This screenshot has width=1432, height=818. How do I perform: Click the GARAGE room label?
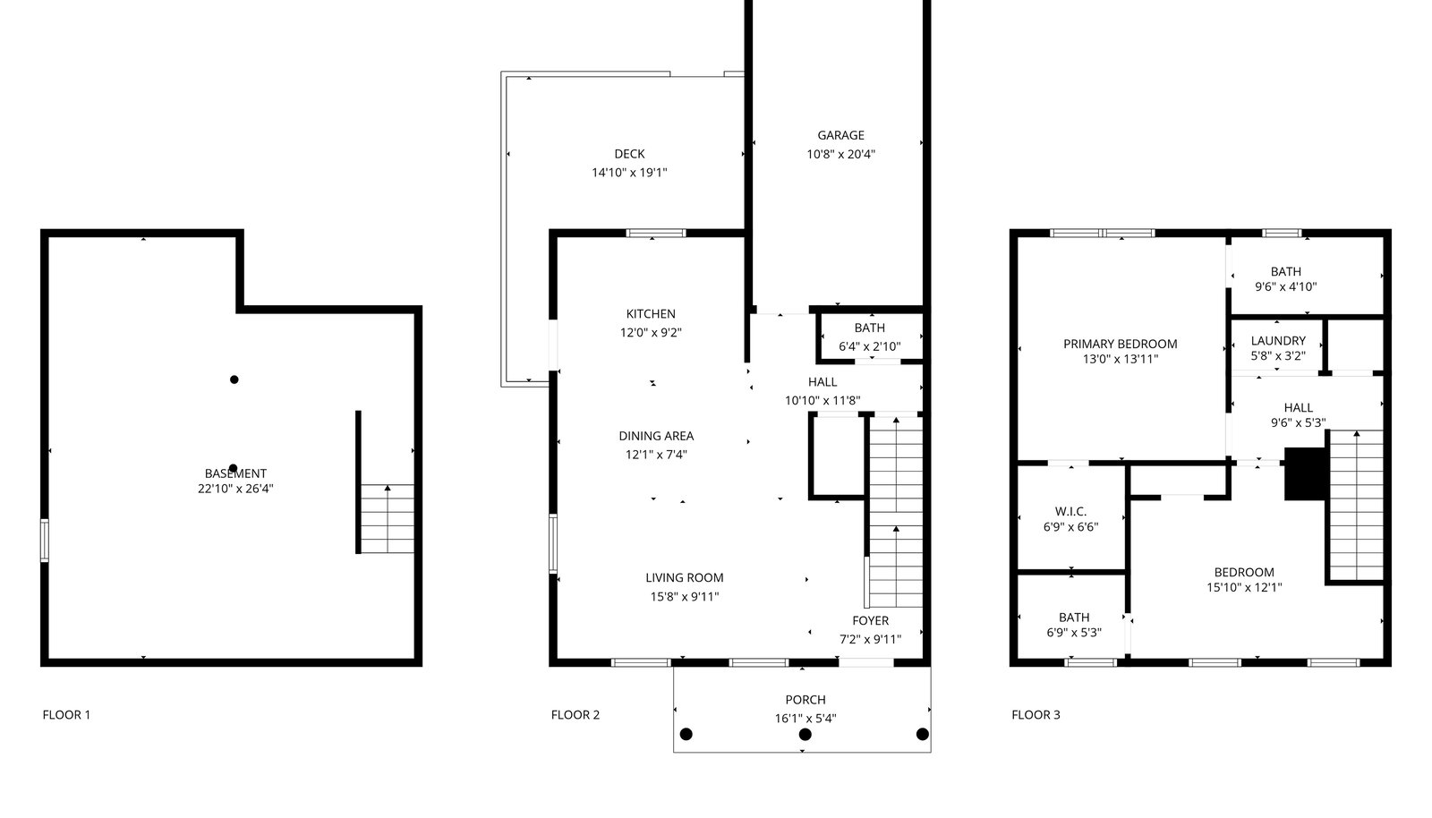(x=840, y=135)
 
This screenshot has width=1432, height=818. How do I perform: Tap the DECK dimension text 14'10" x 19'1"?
(x=630, y=173)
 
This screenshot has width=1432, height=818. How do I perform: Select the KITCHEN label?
(x=651, y=314)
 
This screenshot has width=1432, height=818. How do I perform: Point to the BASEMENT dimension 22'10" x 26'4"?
(x=235, y=489)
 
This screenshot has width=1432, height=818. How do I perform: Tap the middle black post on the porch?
(x=805, y=734)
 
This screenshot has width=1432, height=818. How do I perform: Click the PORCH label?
(x=805, y=700)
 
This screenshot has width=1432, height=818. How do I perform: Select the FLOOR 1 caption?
(x=66, y=715)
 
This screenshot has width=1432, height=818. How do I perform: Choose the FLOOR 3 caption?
(x=1036, y=715)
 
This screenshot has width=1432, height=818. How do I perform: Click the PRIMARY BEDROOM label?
(x=1120, y=344)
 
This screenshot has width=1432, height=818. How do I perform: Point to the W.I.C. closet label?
(x=1070, y=511)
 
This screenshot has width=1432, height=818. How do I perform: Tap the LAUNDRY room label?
(x=1278, y=341)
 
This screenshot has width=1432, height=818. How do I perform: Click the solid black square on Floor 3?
(x=1305, y=473)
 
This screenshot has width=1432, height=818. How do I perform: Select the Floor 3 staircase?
(x=1357, y=505)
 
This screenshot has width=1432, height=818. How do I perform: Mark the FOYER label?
(x=870, y=620)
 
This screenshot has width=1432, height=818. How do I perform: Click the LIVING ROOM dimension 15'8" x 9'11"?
(x=685, y=597)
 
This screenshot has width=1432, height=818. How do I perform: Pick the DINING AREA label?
(x=656, y=436)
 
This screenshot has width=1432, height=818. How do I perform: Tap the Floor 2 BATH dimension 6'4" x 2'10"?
(x=869, y=346)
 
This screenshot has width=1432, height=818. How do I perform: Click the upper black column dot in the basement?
(x=234, y=379)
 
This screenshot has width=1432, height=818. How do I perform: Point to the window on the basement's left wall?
(x=45, y=541)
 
